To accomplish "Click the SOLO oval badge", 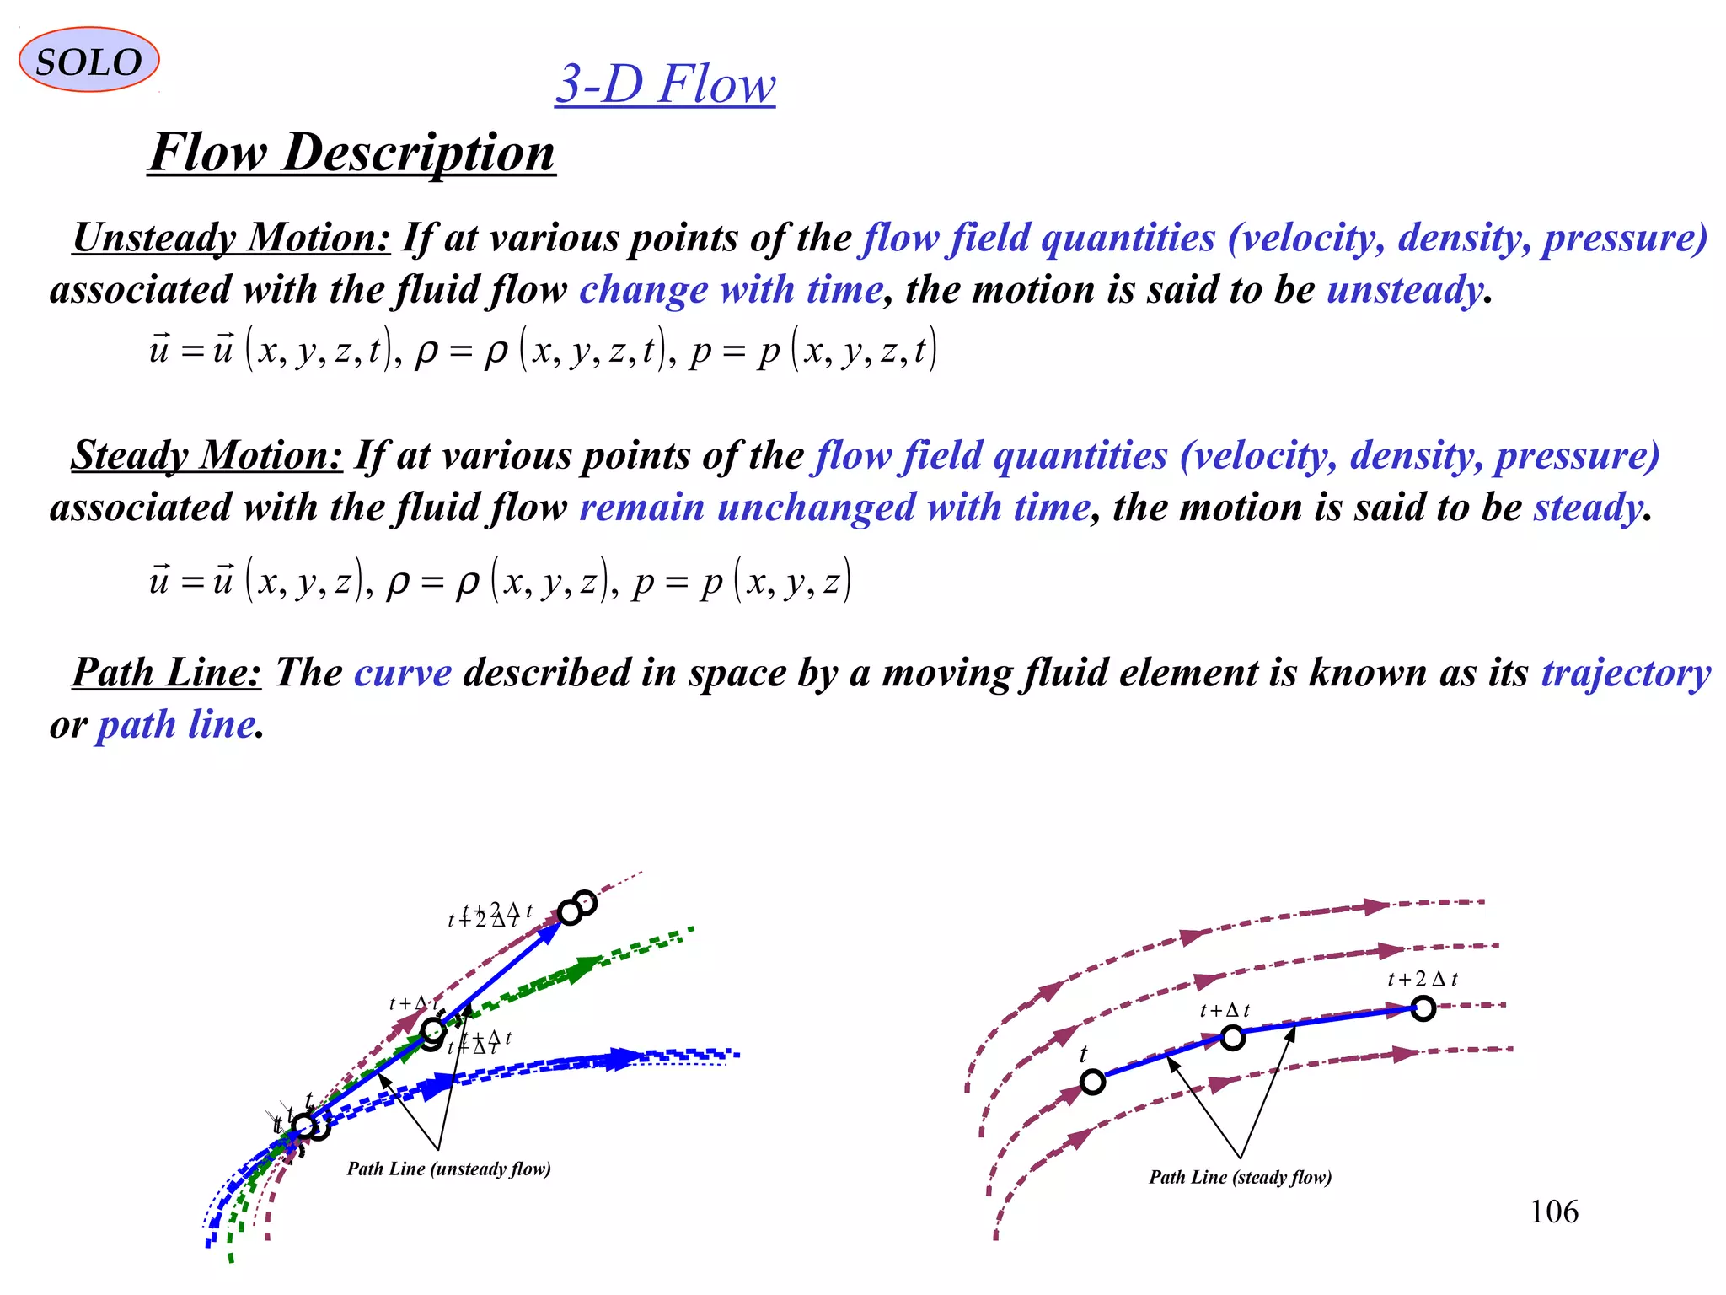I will tap(88, 60).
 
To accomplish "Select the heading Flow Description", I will tap(351, 153).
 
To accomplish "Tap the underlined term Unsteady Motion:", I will tap(232, 238).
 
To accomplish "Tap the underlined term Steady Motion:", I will tap(207, 455).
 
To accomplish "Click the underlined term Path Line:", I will tap(167, 673).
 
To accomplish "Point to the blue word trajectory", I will tap(1626, 673).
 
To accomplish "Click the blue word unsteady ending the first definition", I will tap(1404, 289).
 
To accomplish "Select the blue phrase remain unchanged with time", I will tap(834, 508).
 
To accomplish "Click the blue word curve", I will tap(403, 673).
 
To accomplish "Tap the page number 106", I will tap(1553, 1212).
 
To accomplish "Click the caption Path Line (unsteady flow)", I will tap(448, 1169).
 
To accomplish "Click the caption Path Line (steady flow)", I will tap(1240, 1177).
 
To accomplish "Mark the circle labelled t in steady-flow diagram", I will tap(1092, 1082).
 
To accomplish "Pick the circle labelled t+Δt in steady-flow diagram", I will tap(1232, 1038).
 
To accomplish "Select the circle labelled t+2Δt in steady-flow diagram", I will tap(1423, 1008).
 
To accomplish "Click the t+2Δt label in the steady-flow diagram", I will tap(1422, 979).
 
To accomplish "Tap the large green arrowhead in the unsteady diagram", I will tap(583, 970).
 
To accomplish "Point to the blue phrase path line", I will tap(175, 725).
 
